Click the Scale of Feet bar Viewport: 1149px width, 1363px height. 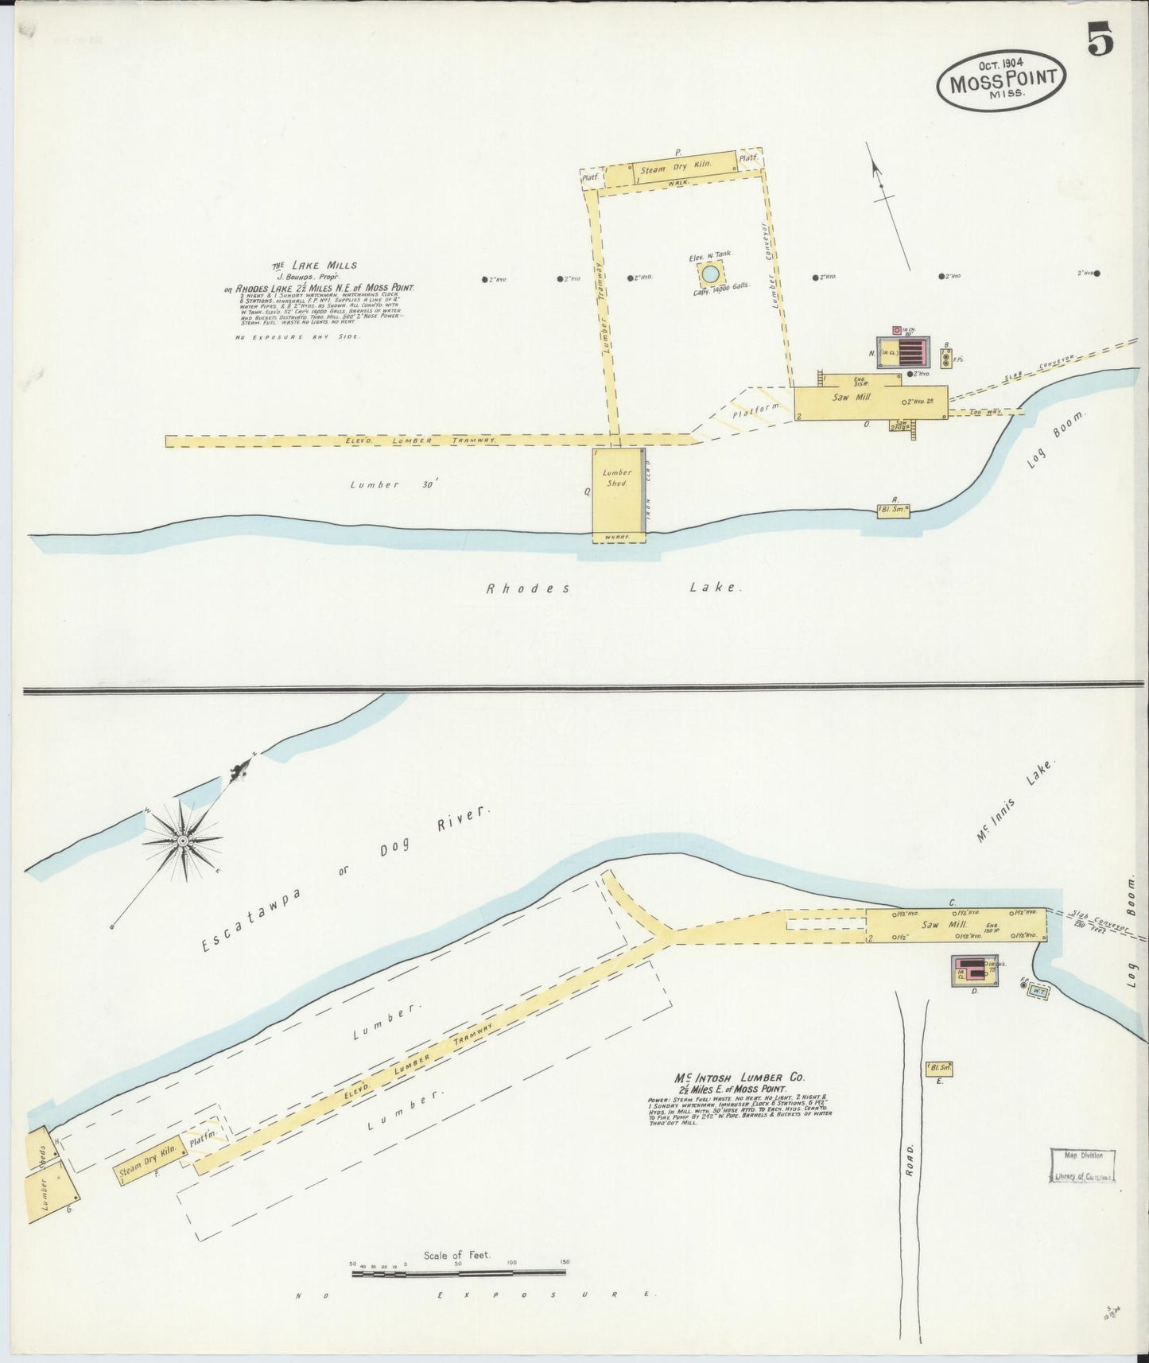click(x=459, y=1273)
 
